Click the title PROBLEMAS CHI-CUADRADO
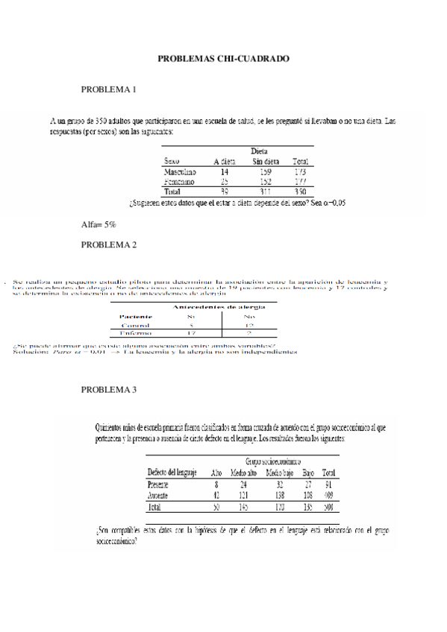[x=223, y=57]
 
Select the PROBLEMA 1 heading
[x=108, y=90]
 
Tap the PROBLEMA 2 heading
[x=108, y=244]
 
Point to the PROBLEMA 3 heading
[x=108, y=389]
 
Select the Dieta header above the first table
[x=259, y=151]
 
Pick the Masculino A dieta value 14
[x=225, y=171]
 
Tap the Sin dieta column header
[x=266, y=161]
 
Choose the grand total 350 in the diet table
[x=300, y=192]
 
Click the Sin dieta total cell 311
[x=266, y=192]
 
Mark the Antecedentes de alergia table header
[x=219, y=306]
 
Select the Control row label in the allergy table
[x=136, y=325]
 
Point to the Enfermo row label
[x=136, y=334]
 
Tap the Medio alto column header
[x=243, y=473]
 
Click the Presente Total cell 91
[x=328, y=484]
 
